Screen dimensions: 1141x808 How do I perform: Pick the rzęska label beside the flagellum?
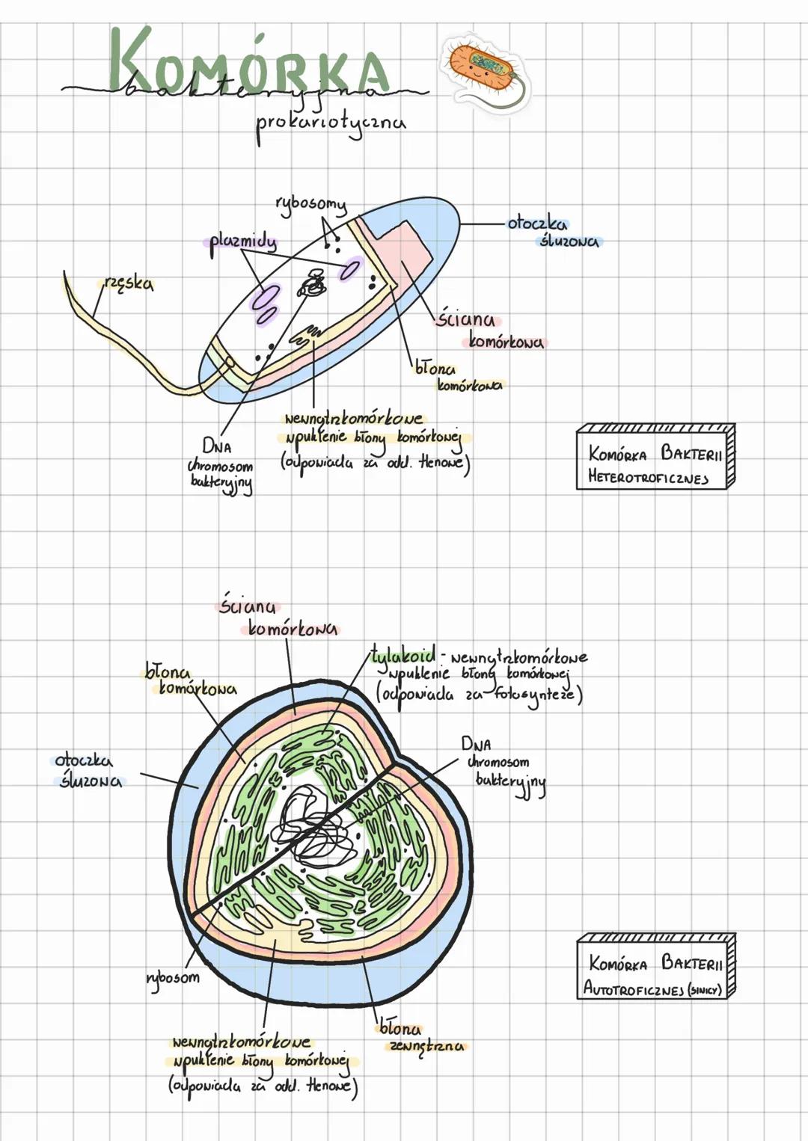129,283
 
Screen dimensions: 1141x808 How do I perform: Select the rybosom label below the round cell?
173,977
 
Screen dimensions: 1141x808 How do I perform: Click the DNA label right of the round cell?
477,744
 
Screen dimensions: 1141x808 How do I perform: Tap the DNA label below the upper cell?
216,447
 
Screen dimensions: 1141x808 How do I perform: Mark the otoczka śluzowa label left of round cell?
88,771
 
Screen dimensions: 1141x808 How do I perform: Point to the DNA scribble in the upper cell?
312,285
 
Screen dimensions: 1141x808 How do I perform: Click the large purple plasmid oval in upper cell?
263,297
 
